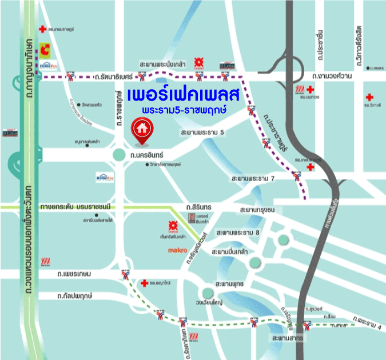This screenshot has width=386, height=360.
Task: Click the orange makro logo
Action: pyautogui.click(x=177, y=250)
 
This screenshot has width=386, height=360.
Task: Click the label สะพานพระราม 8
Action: pyautogui.click(x=238, y=233)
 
